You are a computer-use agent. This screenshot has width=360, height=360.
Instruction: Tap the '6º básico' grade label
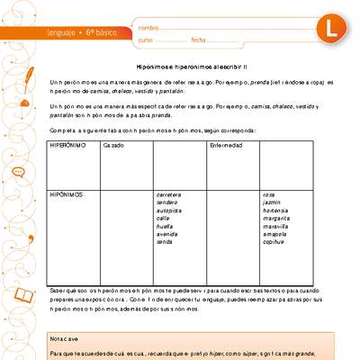tap(106, 34)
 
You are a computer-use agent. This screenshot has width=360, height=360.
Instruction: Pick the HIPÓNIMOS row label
tap(68, 194)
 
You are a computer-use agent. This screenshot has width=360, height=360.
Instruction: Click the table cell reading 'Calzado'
tap(113, 145)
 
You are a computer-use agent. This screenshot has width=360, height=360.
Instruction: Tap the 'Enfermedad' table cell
tap(225, 145)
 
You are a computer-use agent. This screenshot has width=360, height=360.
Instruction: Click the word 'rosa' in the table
tap(268, 194)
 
